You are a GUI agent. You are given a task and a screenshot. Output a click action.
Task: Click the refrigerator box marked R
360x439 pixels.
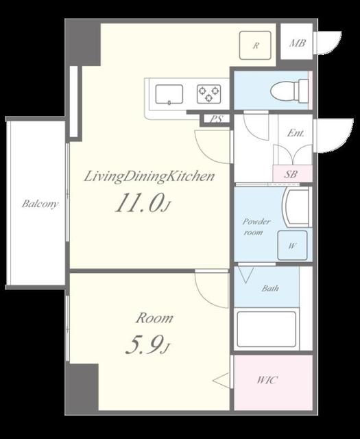pos(255,45)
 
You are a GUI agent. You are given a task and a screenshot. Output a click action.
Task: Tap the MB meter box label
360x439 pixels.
pos(298,43)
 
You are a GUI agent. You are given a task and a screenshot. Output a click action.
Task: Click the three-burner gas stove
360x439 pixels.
pos(209,94)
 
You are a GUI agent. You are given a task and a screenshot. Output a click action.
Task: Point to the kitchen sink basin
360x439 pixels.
pos(169,95)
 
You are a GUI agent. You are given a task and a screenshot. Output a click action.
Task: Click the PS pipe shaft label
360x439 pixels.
pos(217,119)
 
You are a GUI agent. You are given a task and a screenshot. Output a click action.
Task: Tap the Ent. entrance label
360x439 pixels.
pos(296,133)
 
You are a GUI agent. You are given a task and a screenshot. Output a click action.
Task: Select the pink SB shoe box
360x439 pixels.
pos(292,174)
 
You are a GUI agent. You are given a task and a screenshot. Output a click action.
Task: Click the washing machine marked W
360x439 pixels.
pos(292,246)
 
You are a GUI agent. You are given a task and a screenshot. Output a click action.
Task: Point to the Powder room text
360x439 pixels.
pos(256,227)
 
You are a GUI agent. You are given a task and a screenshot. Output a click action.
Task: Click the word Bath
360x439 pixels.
pos(270,288)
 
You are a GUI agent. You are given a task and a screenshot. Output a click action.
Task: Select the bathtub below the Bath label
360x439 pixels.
pos(266,329)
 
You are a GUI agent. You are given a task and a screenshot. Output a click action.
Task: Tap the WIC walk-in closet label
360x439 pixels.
pos(267,380)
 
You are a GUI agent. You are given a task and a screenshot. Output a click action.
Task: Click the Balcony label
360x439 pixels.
pos(40,204)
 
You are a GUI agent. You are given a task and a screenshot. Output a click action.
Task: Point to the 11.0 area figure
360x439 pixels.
pos(139,203)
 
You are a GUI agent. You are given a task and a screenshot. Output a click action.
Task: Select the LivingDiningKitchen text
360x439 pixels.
pos(149,177)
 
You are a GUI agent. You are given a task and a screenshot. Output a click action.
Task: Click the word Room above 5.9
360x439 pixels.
pos(154,318)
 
